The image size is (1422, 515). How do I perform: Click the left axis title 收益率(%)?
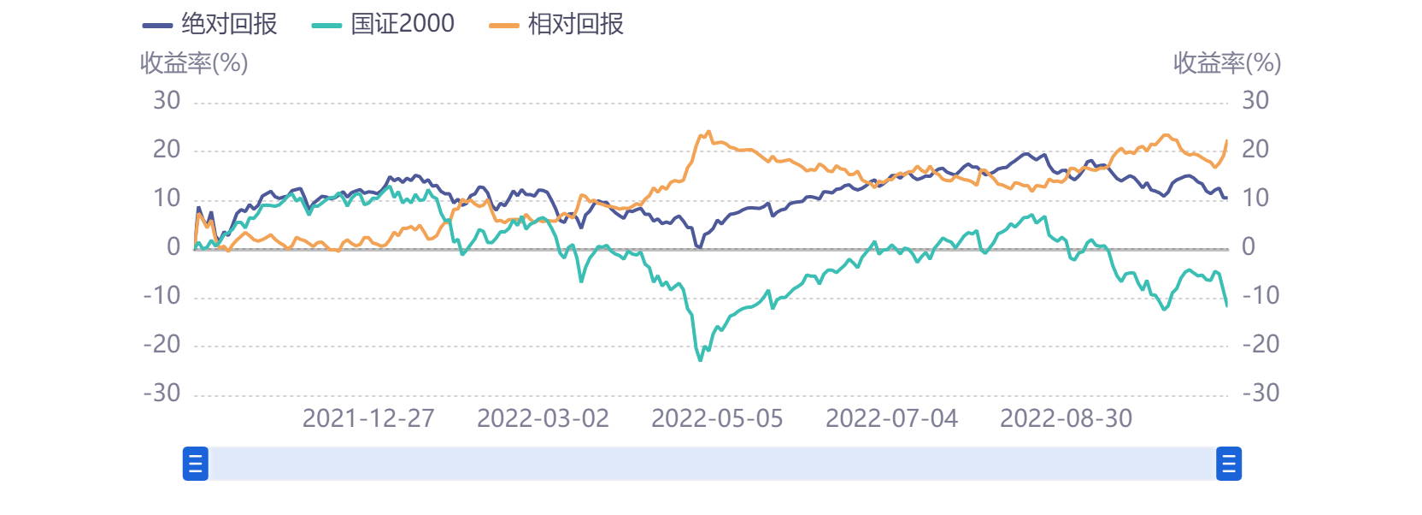(194, 62)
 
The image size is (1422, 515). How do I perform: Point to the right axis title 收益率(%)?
(1226, 62)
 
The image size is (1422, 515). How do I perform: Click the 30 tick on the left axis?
(167, 101)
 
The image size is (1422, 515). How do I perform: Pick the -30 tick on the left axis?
(162, 394)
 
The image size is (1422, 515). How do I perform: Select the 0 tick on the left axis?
(173, 247)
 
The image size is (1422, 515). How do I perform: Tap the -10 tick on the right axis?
(1260, 296)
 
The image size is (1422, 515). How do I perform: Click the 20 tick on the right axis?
(1255, 150)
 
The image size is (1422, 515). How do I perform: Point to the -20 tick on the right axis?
(1260, 345)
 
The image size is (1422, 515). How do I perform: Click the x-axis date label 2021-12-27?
(368, 418)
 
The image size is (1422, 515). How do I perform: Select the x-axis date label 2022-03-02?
(543, 418)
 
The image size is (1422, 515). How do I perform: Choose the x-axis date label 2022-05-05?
(717, 418)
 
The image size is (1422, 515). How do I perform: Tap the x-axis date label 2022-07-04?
(891, 418)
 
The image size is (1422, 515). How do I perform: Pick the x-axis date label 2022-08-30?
(1066, 418)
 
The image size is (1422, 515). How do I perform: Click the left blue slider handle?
(196, 464)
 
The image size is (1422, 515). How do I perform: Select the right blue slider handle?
(1229, 464)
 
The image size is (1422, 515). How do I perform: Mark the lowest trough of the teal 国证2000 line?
(701, 360)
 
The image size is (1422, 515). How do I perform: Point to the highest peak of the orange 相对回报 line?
(708, 132)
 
